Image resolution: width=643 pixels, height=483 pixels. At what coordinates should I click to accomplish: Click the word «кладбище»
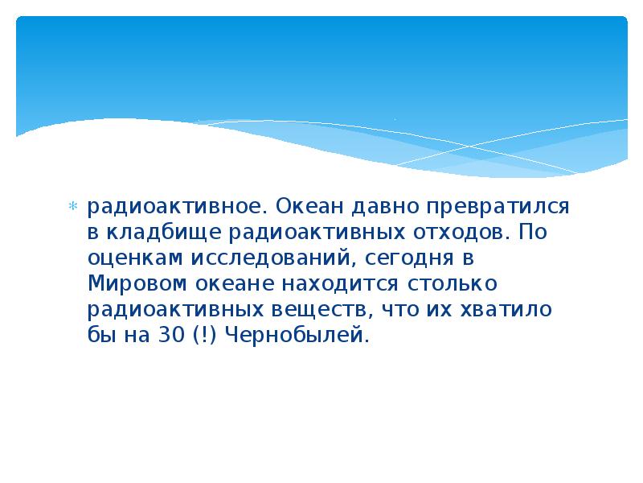click(x=154, y=233)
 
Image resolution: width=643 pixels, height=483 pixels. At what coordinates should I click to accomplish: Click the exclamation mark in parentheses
click(x=202, y=336)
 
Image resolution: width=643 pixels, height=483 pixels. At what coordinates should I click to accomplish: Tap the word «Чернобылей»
click(x=294, y=336)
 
